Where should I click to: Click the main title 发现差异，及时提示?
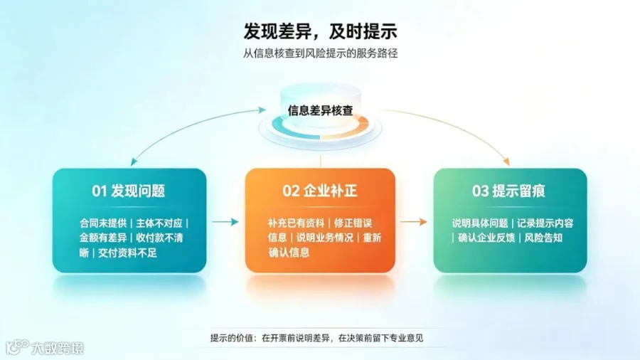click(321, 31)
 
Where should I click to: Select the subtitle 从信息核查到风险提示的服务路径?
click(321, 53)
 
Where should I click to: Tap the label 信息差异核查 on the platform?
click(321, 110)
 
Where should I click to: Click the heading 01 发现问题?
click(129, 191)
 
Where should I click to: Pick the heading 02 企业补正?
click(320, 191)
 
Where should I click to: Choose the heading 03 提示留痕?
click(508, 191)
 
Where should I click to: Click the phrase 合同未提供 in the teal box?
click(103, 223)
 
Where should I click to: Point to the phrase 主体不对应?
click(159, 223)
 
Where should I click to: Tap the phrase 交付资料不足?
click(127, 253)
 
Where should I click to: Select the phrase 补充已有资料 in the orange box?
click(296, 223)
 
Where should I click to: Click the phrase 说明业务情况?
click(324, 238)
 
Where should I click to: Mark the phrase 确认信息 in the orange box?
click(289, 253)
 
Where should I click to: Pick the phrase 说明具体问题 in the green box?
click(480, 223)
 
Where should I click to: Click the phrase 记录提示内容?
click(545, 223)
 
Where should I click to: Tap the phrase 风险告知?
click(543, 238)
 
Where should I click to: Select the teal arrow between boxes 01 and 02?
click(225, 222)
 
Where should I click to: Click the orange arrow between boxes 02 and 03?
click(413, 222)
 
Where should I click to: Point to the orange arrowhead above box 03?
click(506, 162)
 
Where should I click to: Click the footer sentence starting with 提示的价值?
click(316, 338)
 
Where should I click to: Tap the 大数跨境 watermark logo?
click(45, 347)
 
